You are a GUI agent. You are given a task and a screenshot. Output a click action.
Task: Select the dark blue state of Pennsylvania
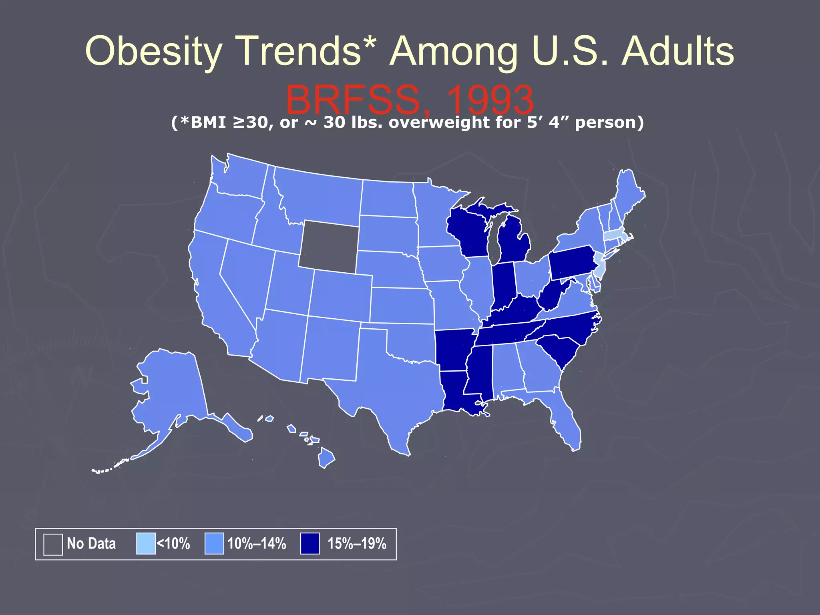coord(571,262)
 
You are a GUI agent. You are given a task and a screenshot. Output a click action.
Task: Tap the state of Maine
coord(629,192)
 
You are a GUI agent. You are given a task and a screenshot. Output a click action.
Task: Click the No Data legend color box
coord(53,544)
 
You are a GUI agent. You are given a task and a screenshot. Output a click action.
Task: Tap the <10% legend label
coord(173,544)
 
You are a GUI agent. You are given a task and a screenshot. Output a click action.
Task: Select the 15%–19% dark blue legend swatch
coord(310,544)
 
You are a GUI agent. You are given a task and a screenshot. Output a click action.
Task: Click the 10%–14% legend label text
coord(257,544)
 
